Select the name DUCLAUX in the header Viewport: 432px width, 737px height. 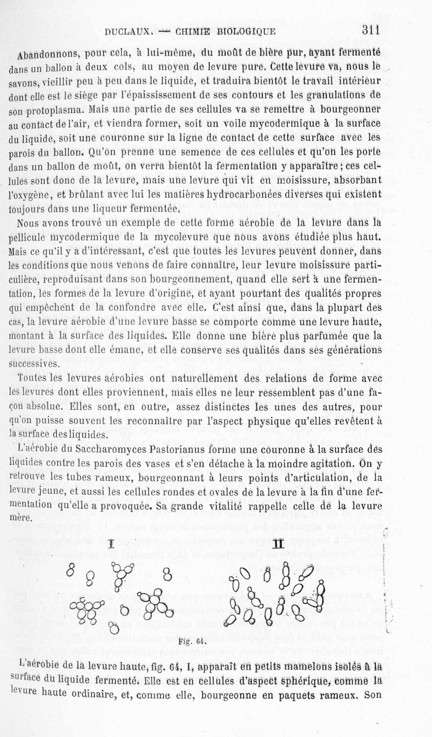[x=127, y=32]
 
